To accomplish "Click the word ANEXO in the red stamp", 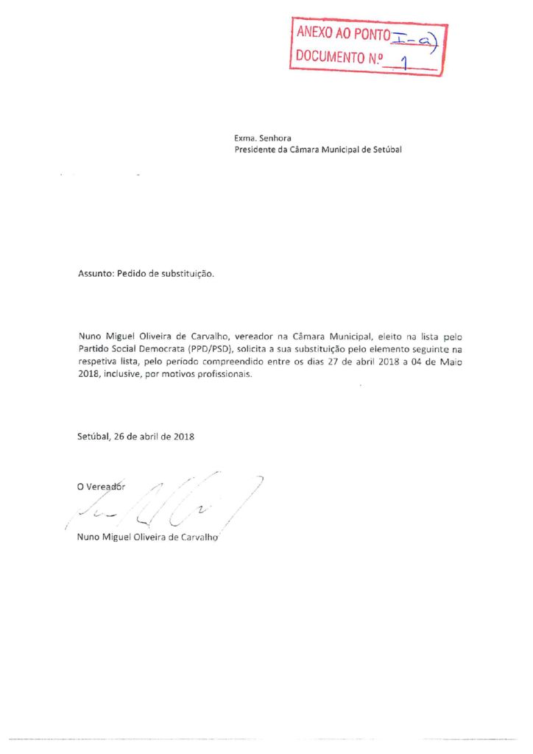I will [x=314, y=33].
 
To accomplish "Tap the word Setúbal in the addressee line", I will [x=387, y=149].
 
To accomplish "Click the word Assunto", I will [x=96, y=273].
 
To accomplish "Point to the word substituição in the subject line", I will [x=187, y=273].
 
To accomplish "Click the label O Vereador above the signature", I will [x=102, y=486].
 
